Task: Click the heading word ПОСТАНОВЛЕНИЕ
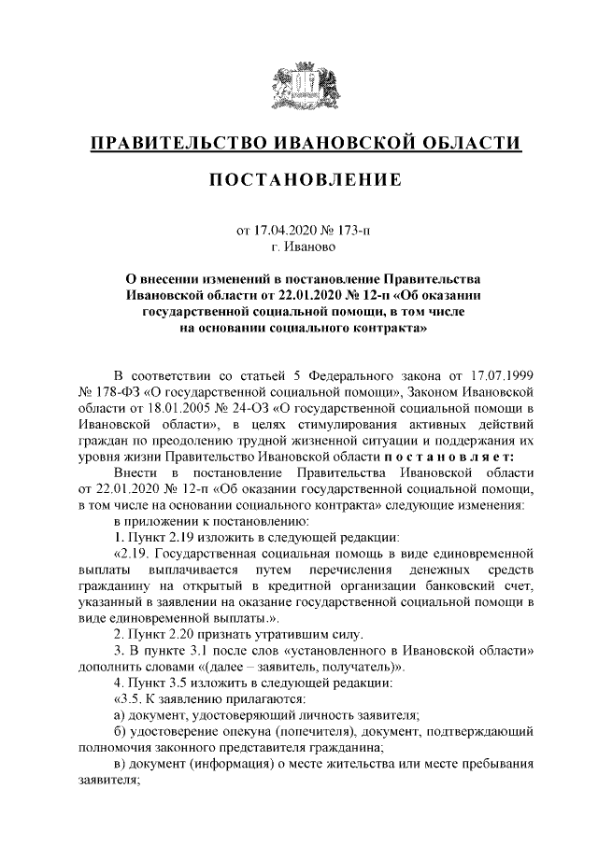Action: pyautogui.click(x=298, y=179)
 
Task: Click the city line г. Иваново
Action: pyautogui.click(x=298, y=248)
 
